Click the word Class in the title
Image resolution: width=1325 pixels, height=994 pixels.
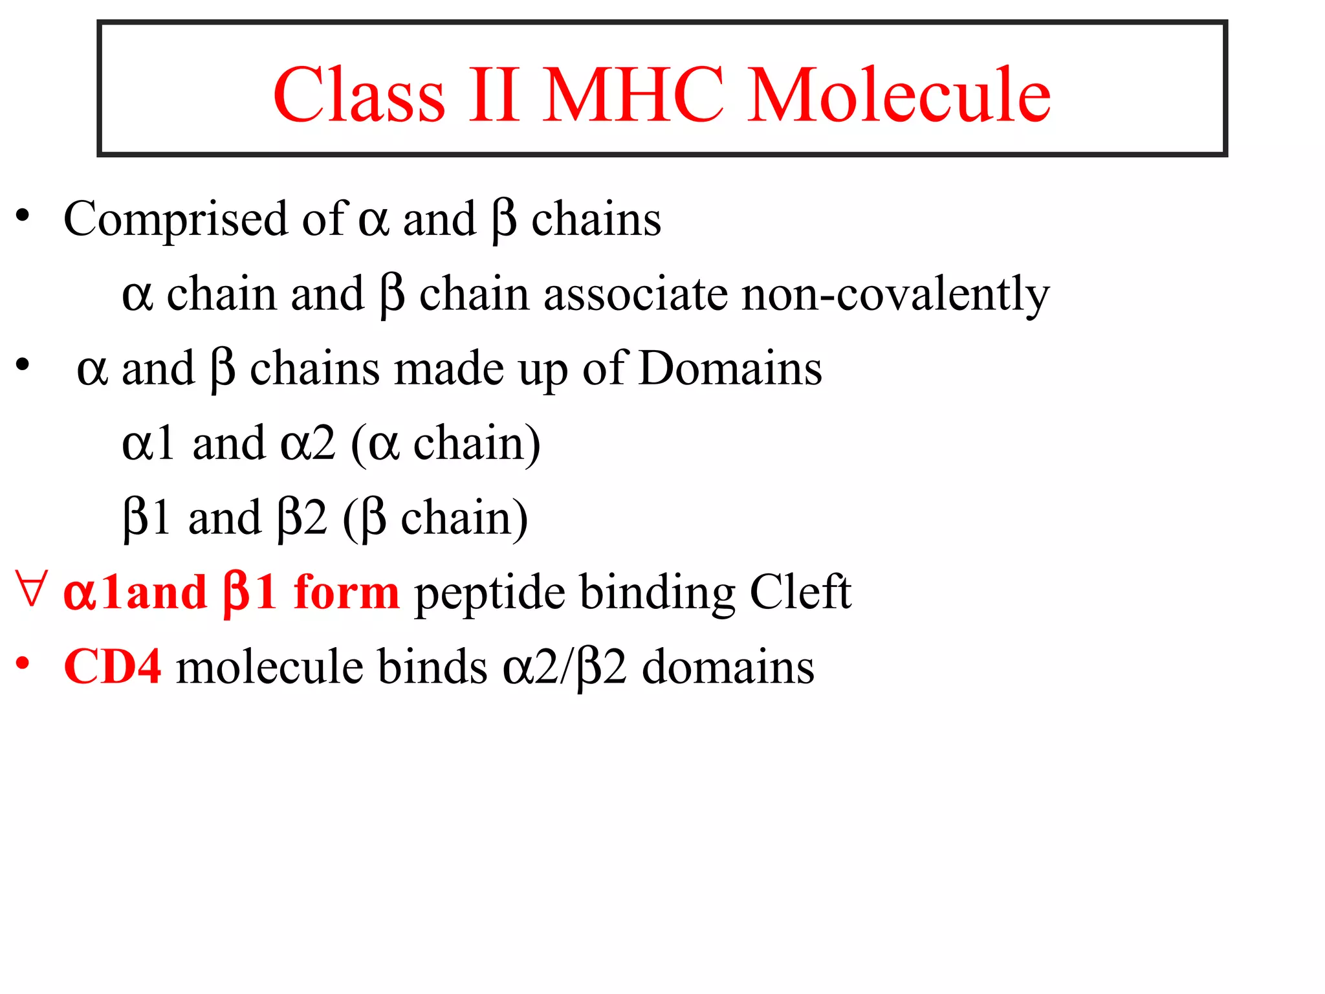pos(359,95)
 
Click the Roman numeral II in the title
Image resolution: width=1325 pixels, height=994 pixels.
pos(494,95)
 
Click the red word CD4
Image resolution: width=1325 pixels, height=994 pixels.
pos(113,667)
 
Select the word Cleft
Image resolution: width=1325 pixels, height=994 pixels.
pos(800,591)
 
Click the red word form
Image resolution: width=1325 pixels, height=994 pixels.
pos(346,591)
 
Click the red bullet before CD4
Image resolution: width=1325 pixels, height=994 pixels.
pos(23,663)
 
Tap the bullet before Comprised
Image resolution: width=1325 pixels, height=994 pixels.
pos(23,215)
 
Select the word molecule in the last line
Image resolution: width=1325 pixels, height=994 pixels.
pos(269,667)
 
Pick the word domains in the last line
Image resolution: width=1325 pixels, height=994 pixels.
pos(728,667)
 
